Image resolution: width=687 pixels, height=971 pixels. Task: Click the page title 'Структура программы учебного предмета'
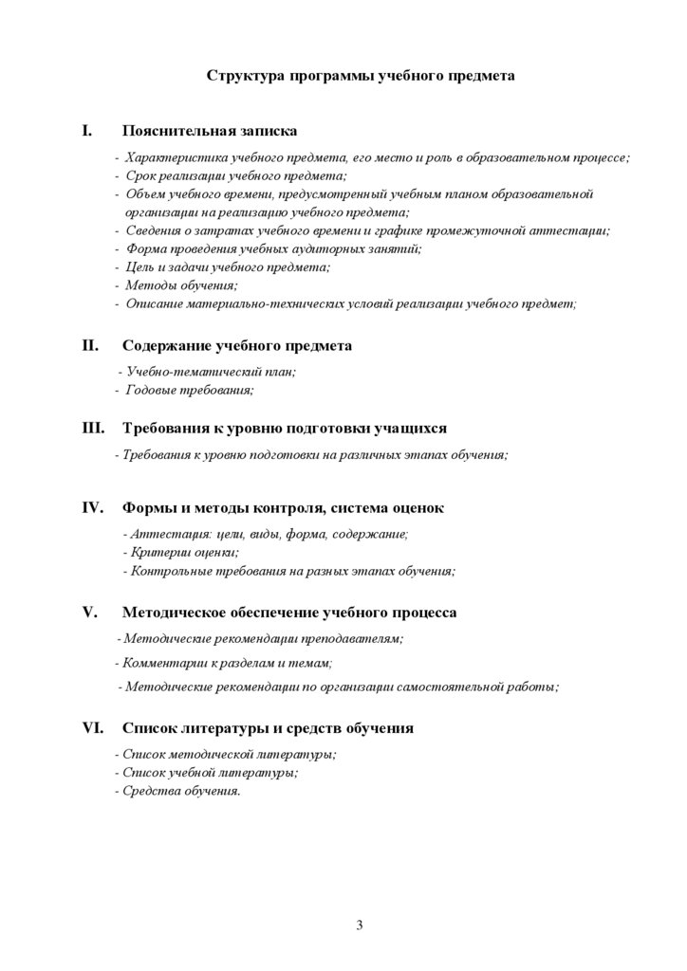(x=361, y=77)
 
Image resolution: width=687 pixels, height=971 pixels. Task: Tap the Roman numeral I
(x=87, y=130)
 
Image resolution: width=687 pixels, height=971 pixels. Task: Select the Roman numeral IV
(x=92, y=507)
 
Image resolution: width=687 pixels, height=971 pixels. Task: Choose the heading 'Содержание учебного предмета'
(x=237, y=346)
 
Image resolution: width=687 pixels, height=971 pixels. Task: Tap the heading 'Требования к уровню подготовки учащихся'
(x=285, y=428)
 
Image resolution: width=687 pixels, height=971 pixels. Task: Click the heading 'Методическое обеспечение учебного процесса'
(x=289, y=613)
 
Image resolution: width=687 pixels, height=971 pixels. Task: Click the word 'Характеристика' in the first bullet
(x=171, y=157)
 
